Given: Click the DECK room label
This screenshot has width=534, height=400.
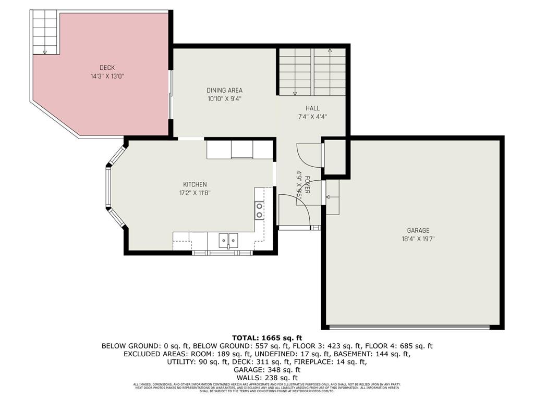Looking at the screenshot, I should [107, 68].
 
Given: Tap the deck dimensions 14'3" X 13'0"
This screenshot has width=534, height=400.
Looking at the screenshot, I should [107, 76].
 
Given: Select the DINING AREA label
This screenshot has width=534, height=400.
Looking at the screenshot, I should [224, 90].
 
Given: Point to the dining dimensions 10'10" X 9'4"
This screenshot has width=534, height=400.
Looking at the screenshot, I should [224, 98].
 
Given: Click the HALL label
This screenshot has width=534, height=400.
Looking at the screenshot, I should [312, 108].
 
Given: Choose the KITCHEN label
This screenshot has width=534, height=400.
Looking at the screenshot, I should [195, 184].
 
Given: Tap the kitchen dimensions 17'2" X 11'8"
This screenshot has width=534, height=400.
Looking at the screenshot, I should [195, 193].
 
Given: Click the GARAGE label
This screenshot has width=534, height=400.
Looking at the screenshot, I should [418, 230].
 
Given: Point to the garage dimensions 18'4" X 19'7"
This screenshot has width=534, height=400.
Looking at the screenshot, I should [418, 239].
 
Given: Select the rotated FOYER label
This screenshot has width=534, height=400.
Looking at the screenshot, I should [308, 185].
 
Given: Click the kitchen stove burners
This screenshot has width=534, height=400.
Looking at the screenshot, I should [259, 210].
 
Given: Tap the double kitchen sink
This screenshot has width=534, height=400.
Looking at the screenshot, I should [228, 240].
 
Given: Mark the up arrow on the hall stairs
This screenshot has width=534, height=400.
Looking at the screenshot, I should [330, 51].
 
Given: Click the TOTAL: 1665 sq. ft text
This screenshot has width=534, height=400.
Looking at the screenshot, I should [266, 337].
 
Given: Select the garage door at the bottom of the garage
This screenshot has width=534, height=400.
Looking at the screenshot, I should [409, 327].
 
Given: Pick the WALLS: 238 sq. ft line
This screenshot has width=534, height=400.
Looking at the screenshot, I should [266, 378].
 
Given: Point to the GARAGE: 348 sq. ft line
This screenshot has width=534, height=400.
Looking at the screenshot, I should [266, 370].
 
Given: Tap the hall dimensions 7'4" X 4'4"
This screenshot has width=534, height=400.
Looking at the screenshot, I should [312, 117].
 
